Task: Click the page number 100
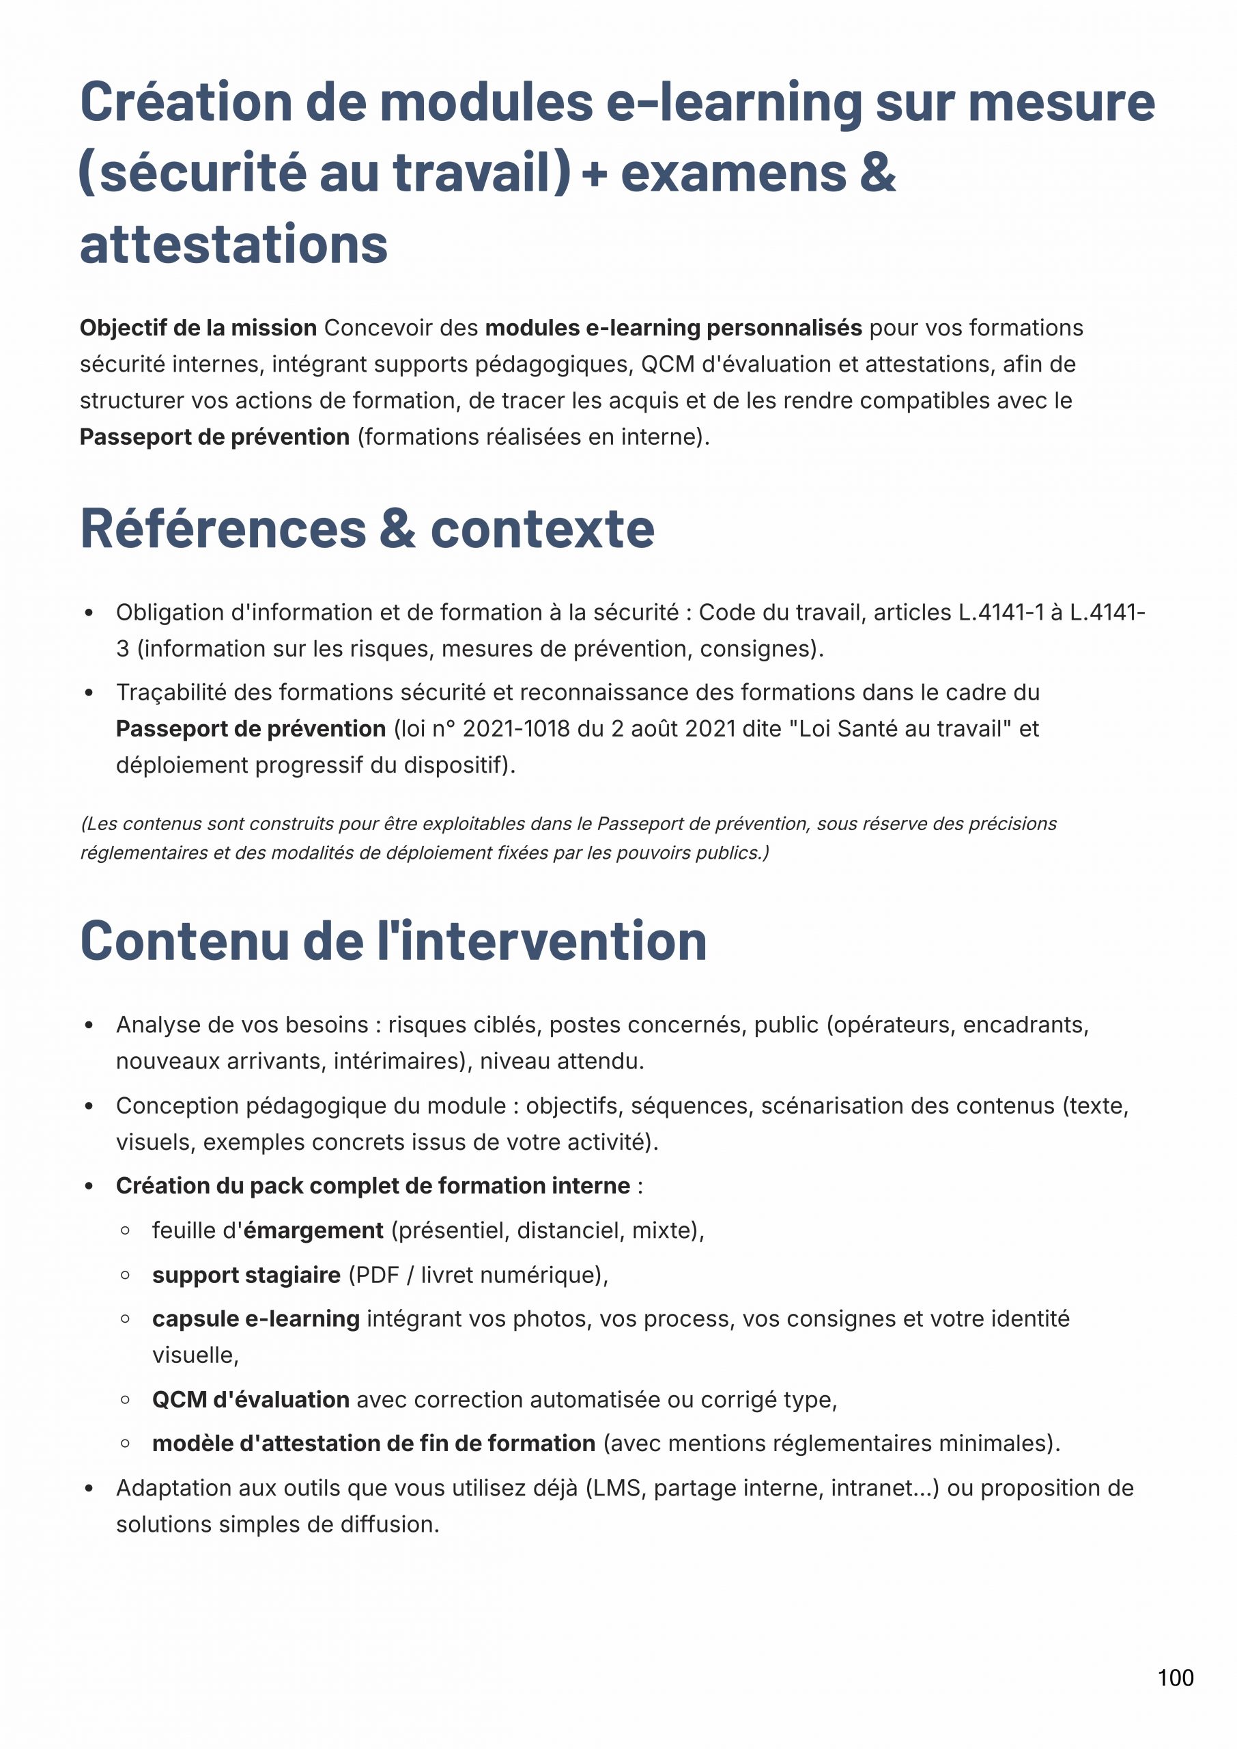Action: (x=1176, y=1677)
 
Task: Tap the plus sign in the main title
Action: (x=594, y=174)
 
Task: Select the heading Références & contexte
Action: (x=367, y=529)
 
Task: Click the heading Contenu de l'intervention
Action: (x=393, y=941)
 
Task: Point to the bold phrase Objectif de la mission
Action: (x=198, y=328)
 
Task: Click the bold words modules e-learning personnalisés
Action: (x=673, y=328)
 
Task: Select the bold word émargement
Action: (x=313, y=1230)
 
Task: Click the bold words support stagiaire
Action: (x=246, y=1274)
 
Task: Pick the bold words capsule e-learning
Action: (x=256, y=1319)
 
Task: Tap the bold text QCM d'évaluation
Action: (x=251, y=1399)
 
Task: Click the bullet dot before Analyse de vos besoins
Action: (x=89, y=1025)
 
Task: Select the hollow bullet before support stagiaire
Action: (x=125, y=1275)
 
